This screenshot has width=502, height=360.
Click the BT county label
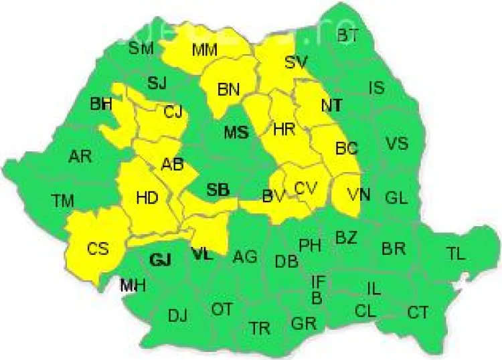click(347, 35)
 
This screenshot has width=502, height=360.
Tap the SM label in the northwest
click(141, 48)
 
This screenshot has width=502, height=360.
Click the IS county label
click(377, 87)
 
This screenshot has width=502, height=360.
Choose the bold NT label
click(331, 105)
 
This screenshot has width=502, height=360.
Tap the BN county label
click(229, 88)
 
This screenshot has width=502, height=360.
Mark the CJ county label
click(173, 112)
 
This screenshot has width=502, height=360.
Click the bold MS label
click(236, 132)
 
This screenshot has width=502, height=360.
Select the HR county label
click(284, 130)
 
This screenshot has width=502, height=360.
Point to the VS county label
click(396, 143)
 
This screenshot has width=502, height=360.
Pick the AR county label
click(80, 157)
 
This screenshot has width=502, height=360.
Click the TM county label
click(63, 199)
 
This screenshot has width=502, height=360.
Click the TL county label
click(456, 253)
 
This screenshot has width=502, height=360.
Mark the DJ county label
click(177, 315)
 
